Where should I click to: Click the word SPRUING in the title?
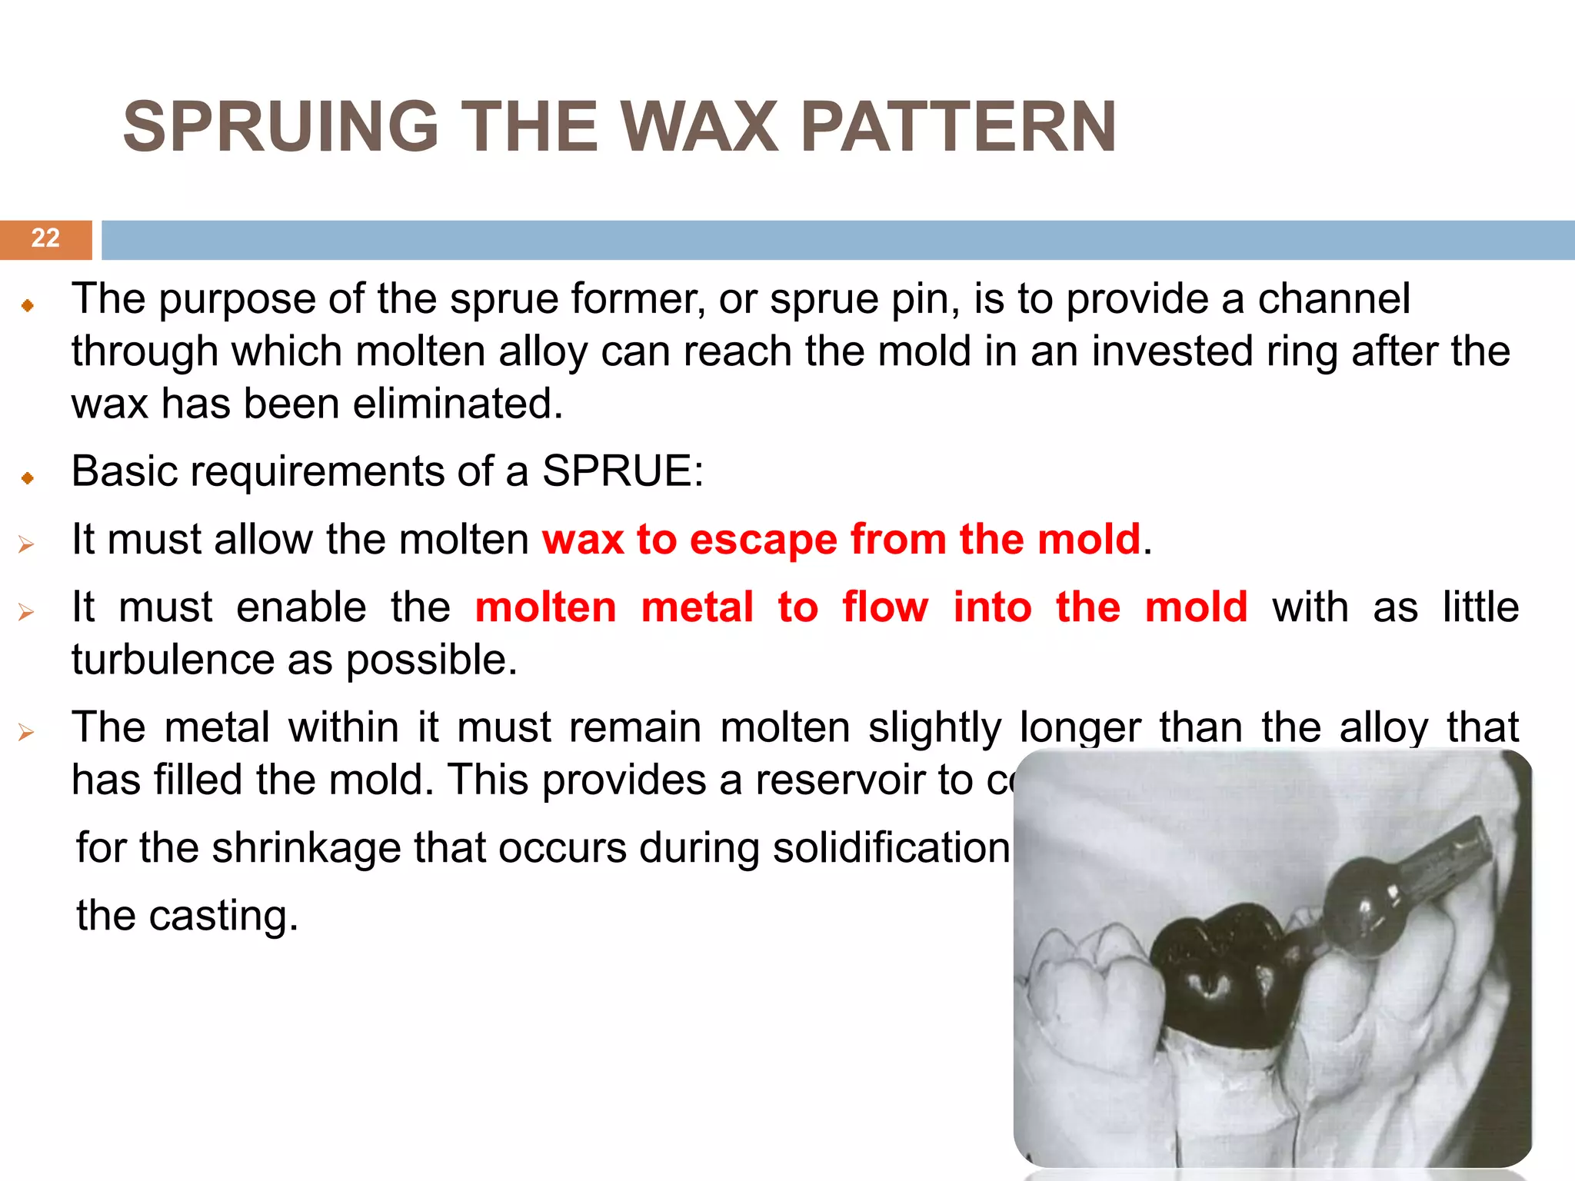[281, 128]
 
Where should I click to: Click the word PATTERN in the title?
[957, 128]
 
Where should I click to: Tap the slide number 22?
[45, 238]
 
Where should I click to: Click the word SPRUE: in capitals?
[622, 471]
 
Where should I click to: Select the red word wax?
[582, 539]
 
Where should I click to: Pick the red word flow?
[885, 607]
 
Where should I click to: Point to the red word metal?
[697, 607]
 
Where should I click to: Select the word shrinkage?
[307, 848]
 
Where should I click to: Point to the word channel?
[1334, 299]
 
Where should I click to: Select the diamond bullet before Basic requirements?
[28, 478]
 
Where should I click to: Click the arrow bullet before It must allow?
[27, 545]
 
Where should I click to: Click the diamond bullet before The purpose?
[28, 306]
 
